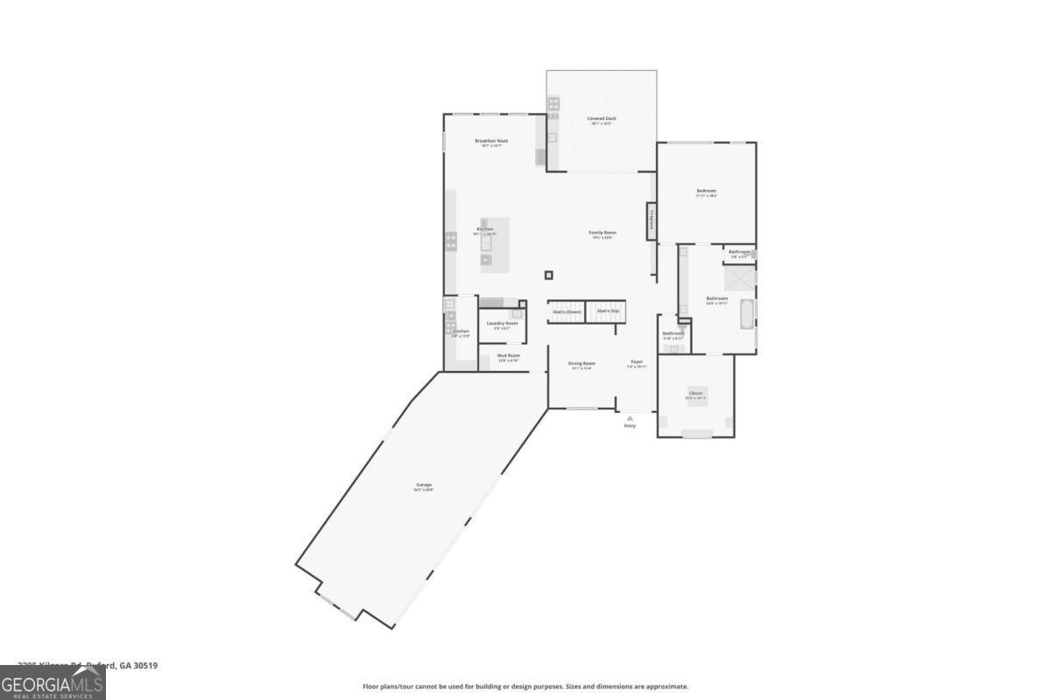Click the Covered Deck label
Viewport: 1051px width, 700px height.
[x=602, y=118]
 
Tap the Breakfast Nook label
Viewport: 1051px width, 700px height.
[x=491, y=141]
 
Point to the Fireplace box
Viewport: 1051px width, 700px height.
[x=652, y=220]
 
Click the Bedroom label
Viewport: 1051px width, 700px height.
[x=706, y=191]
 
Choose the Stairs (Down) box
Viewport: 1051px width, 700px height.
[x=566, y=311]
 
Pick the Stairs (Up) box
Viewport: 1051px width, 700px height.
[x=608, y=311]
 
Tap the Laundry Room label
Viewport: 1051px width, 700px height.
[x=502, y=324]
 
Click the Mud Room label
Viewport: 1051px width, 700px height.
[x=509, y=355]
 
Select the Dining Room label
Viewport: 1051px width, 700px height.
[x=582, y=363]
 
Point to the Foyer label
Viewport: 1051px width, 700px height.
[x=637, y=362]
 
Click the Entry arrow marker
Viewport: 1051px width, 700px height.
[x=630, y=418]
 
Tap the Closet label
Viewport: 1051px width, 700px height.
[x=695, y=394]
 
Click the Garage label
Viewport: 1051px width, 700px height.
[x=424, y=485]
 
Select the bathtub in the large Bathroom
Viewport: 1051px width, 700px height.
[x=747, y=314]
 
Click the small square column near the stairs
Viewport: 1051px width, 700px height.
[x=549, y=275]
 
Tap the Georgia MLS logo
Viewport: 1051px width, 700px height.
[x=53, y=682]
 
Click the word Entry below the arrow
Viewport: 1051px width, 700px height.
[x=630, y=426]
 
